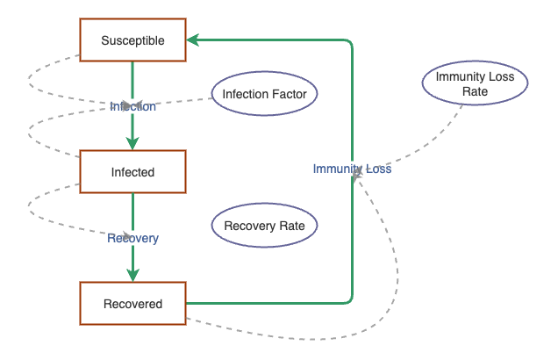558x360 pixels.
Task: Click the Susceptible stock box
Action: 132,40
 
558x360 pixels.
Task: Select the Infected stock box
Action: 132,172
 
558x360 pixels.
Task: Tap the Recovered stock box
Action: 132,304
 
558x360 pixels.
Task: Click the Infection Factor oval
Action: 264,93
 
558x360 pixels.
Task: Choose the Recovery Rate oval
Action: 264,226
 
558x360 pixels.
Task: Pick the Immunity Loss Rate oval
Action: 475,83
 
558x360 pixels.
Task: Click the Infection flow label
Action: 132,106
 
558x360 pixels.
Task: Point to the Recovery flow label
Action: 132,238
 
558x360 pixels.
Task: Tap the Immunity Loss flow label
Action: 352,169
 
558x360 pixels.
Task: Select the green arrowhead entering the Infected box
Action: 132,144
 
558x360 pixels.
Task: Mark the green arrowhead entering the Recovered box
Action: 132,276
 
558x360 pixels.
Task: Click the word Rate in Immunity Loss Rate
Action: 475,91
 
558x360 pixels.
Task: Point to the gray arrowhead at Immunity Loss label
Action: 356,178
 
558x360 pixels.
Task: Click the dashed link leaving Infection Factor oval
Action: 175,101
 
